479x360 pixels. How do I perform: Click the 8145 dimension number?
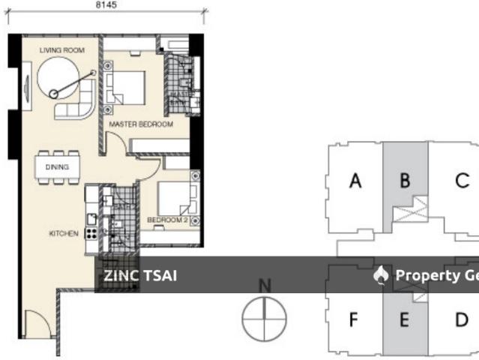coord(106,5)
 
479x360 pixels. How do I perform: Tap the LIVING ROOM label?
coord(62,50)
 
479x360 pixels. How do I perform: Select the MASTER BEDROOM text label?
coord(141,124)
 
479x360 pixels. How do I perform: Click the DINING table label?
coord(57,167)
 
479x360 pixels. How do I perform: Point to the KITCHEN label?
coord(64,233)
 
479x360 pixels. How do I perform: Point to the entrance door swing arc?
coord(35,324)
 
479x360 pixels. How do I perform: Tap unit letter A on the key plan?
coord(356,181)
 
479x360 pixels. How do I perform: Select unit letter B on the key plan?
coord(405,181)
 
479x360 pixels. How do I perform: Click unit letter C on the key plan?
coord(462,181)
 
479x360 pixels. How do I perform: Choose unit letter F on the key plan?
coord(354,319)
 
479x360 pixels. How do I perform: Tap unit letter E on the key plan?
coord(404,320)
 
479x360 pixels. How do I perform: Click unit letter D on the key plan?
coord(461,319)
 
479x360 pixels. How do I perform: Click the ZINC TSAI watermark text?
coord(140,275)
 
